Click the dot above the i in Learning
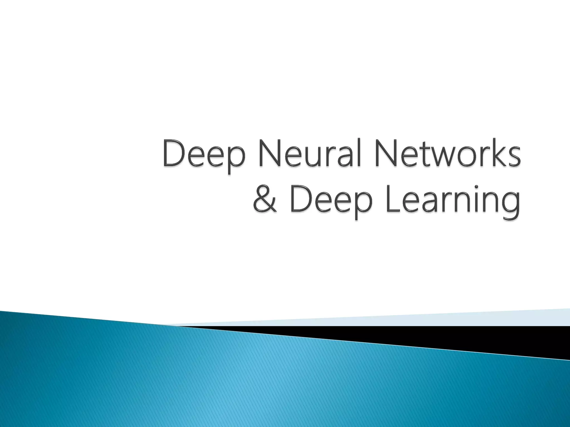pos(477,187)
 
